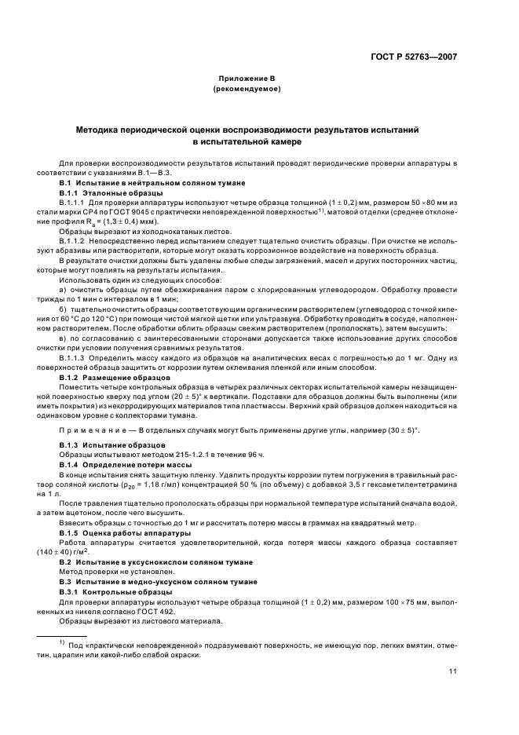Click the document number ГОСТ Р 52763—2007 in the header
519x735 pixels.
[x=418, y=57]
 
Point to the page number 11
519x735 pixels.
[x=453, y=671]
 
